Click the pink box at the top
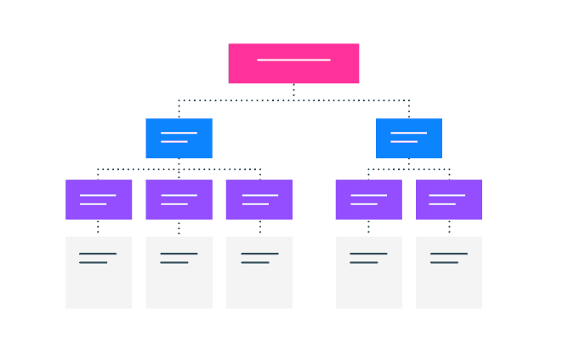[x=293, y=63]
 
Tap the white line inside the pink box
[x=293, y=60]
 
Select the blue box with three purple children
[x=179, y=138]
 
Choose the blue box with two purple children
[x=409, y=138]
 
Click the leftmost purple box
[x=99, y=199]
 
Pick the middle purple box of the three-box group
[x=179, y=199]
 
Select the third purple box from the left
[x=259, y=199]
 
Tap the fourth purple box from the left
[x=368, y=199]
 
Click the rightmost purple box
[x=449, y=199]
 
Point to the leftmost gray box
[x=99, y=272]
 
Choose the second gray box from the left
[x=179, y=272]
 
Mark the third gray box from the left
[x=259, y=272]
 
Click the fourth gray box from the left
[x=368, y=272]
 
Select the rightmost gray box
[x=449, y=272]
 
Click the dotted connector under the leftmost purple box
[x=98, y=227]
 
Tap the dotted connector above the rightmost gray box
[x=449, y=227]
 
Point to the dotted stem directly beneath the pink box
[x=293, y=91]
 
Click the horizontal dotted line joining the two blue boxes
[x=293, y=100]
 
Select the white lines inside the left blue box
[x=178, y=137]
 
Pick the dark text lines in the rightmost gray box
[x=448, y=258]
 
